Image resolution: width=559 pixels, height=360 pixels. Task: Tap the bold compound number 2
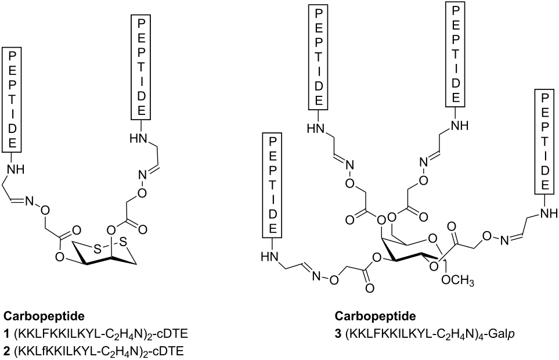(x=6, y=350)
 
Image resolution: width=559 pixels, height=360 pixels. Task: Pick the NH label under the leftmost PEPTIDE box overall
(x=16, y=169)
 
